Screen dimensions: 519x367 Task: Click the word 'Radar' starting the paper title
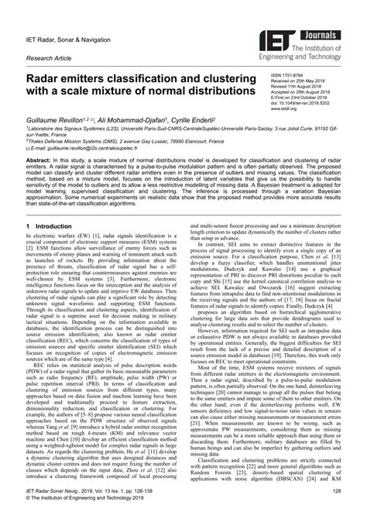(49, 81)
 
